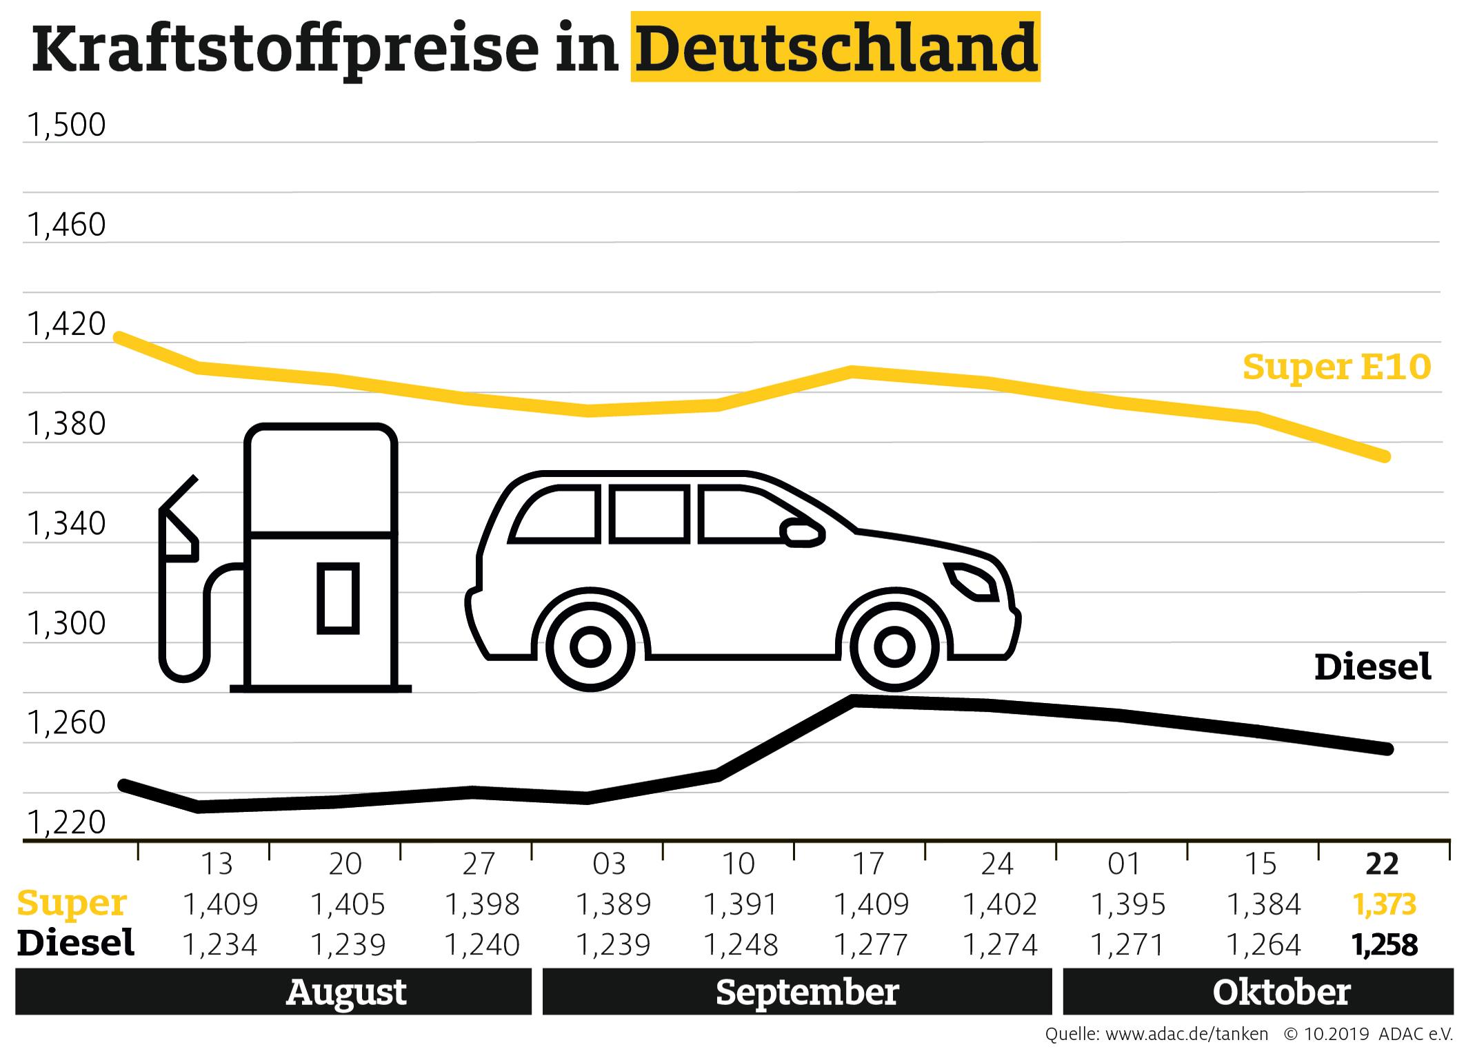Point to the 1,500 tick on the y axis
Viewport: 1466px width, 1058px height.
tap(66, 125)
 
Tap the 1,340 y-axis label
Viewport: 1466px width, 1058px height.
tap(66, 524)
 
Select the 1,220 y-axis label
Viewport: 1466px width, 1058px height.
tap(66, 822)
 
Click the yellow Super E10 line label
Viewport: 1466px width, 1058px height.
tap(1336, 367)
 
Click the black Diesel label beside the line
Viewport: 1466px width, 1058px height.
tap(1372, 667)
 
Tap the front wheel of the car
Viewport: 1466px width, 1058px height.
tap(894, 647)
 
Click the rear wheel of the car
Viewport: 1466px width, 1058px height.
tap(590, 647)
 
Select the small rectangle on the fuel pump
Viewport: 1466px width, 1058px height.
tap(338, 598)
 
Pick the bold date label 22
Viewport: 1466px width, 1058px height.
tap(1382, 864)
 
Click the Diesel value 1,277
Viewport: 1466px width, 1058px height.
tap(871, 944)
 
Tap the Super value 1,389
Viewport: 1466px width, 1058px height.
tap(612, 904)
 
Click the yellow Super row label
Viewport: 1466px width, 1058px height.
tap(72, 903)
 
